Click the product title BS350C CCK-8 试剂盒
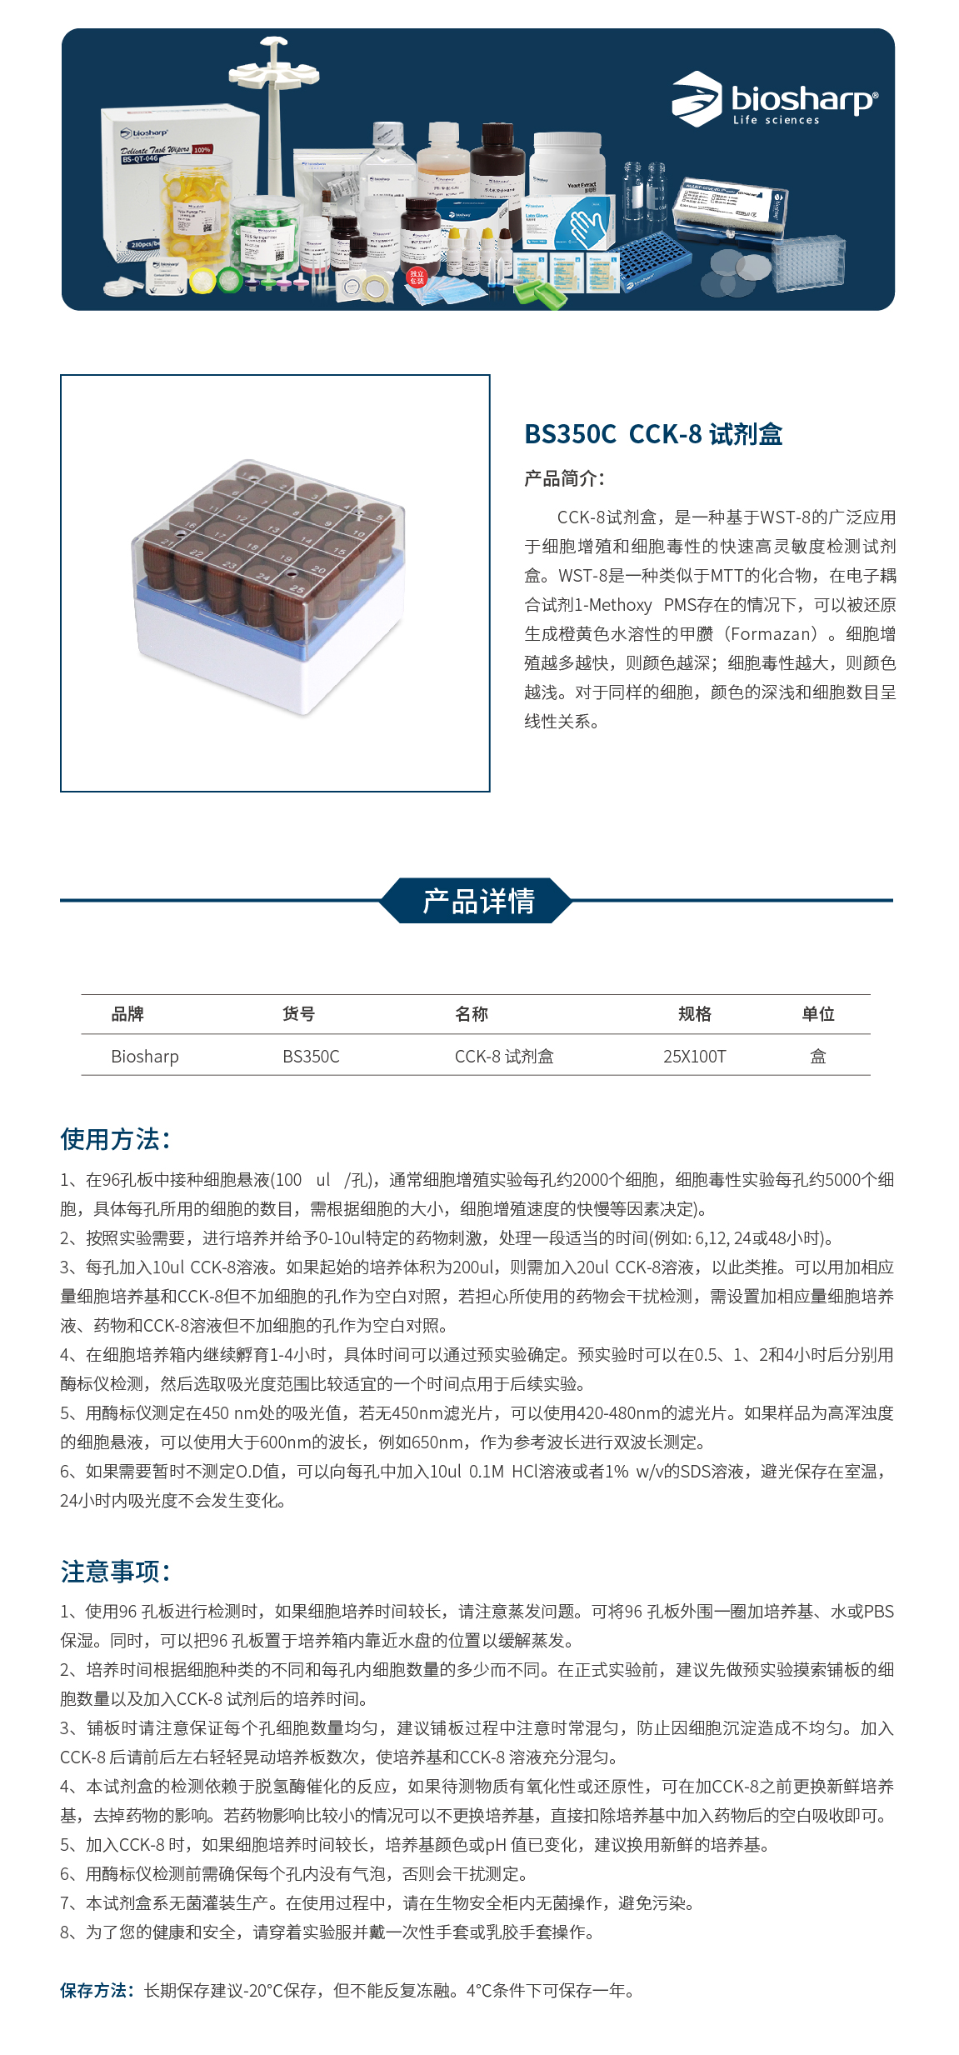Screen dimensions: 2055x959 point(653,434)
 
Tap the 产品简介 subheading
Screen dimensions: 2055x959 point(564,478)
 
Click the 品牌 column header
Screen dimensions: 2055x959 point(127,1014)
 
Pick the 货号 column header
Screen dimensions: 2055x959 point(298,1014)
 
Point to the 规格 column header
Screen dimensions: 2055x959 point(694,1014)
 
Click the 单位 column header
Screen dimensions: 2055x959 point(817,1014)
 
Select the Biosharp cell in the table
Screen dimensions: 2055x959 point(145,1057)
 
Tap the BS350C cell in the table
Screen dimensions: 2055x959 point(311,1057)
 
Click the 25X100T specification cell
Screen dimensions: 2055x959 point(694,1057)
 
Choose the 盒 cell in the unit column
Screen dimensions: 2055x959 point(817,1057)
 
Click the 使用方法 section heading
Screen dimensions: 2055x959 point(115,1139)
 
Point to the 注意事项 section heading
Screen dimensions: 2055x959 point(115,1572)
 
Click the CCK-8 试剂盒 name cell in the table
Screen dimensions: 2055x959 point(503,1057)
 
